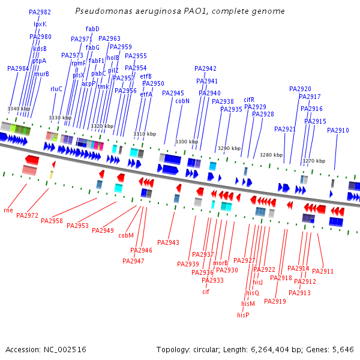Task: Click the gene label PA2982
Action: (x=40, y=12)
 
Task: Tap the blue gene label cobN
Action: (x=182, y=101)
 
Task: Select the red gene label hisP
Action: (x=243, y=315)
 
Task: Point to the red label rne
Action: (x=8, y=210)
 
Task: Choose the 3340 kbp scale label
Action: (x=18, y=109)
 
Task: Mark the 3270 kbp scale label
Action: (x=314, y=161)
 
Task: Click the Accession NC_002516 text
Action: (x=46, y=349)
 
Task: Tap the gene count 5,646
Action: (x=341, y=349)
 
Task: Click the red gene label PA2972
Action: (x=27, y=215)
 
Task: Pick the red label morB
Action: (x=221, y=263)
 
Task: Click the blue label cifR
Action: (x=249, y=100)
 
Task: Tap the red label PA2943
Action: (x=168, y=242)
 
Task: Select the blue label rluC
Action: (x=56, y=89)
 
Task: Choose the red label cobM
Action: (x=126, y=236)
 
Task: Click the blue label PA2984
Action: (x=18, y=68)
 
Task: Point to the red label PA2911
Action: (x=323, y=272)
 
